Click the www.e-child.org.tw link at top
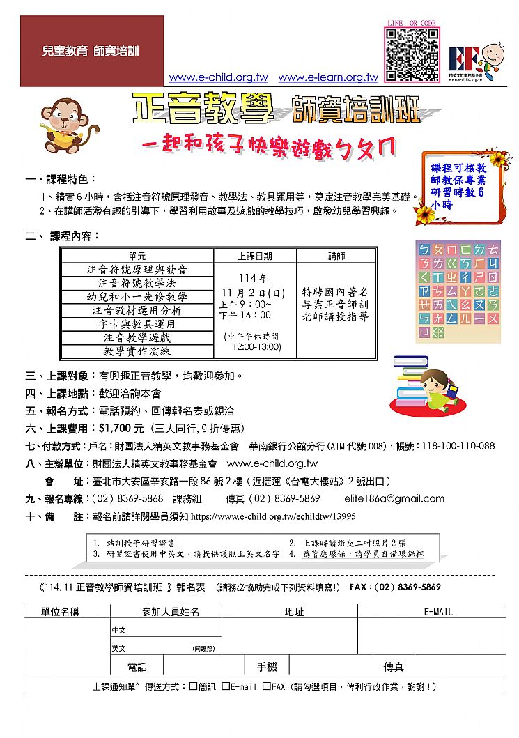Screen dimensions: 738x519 point(218,78)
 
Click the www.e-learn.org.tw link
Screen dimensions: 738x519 point(327,78)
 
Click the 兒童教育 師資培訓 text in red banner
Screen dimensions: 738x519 point(91,52)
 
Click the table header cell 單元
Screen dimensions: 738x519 point(137,256)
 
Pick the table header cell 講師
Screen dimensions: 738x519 point(336,256)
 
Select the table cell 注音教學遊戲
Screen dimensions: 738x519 point(137,337)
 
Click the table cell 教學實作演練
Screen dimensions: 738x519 point(137,351)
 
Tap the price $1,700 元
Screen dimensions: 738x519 point(121,429)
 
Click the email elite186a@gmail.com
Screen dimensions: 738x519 point(394,499)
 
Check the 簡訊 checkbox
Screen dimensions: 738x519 point(193,686)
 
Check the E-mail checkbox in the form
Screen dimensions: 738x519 point(226,686)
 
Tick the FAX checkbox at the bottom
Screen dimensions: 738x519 point(266,686)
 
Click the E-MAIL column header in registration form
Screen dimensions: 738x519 point(437,612)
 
